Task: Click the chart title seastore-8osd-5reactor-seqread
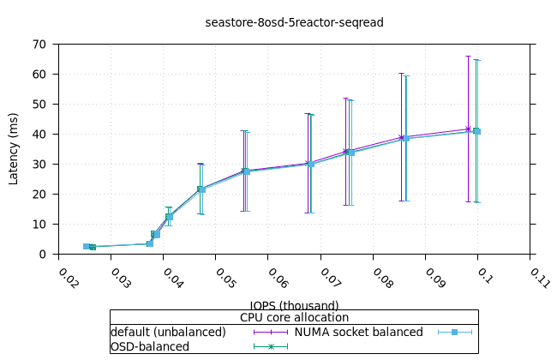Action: click(294, 22)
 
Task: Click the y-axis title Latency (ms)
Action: click(14, 148)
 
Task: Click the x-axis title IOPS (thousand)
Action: click(294, 305)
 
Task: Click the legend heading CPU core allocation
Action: click(294, 317)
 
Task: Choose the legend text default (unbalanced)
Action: click(168, 332)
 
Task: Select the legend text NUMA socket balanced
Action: click(358, 332)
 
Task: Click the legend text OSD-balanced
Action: click(150, 346)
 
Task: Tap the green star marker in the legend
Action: click(271, 346)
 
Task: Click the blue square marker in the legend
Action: click(455, 332)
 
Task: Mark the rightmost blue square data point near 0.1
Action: click(476, 131)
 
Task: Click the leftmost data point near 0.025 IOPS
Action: click(86, 246)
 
